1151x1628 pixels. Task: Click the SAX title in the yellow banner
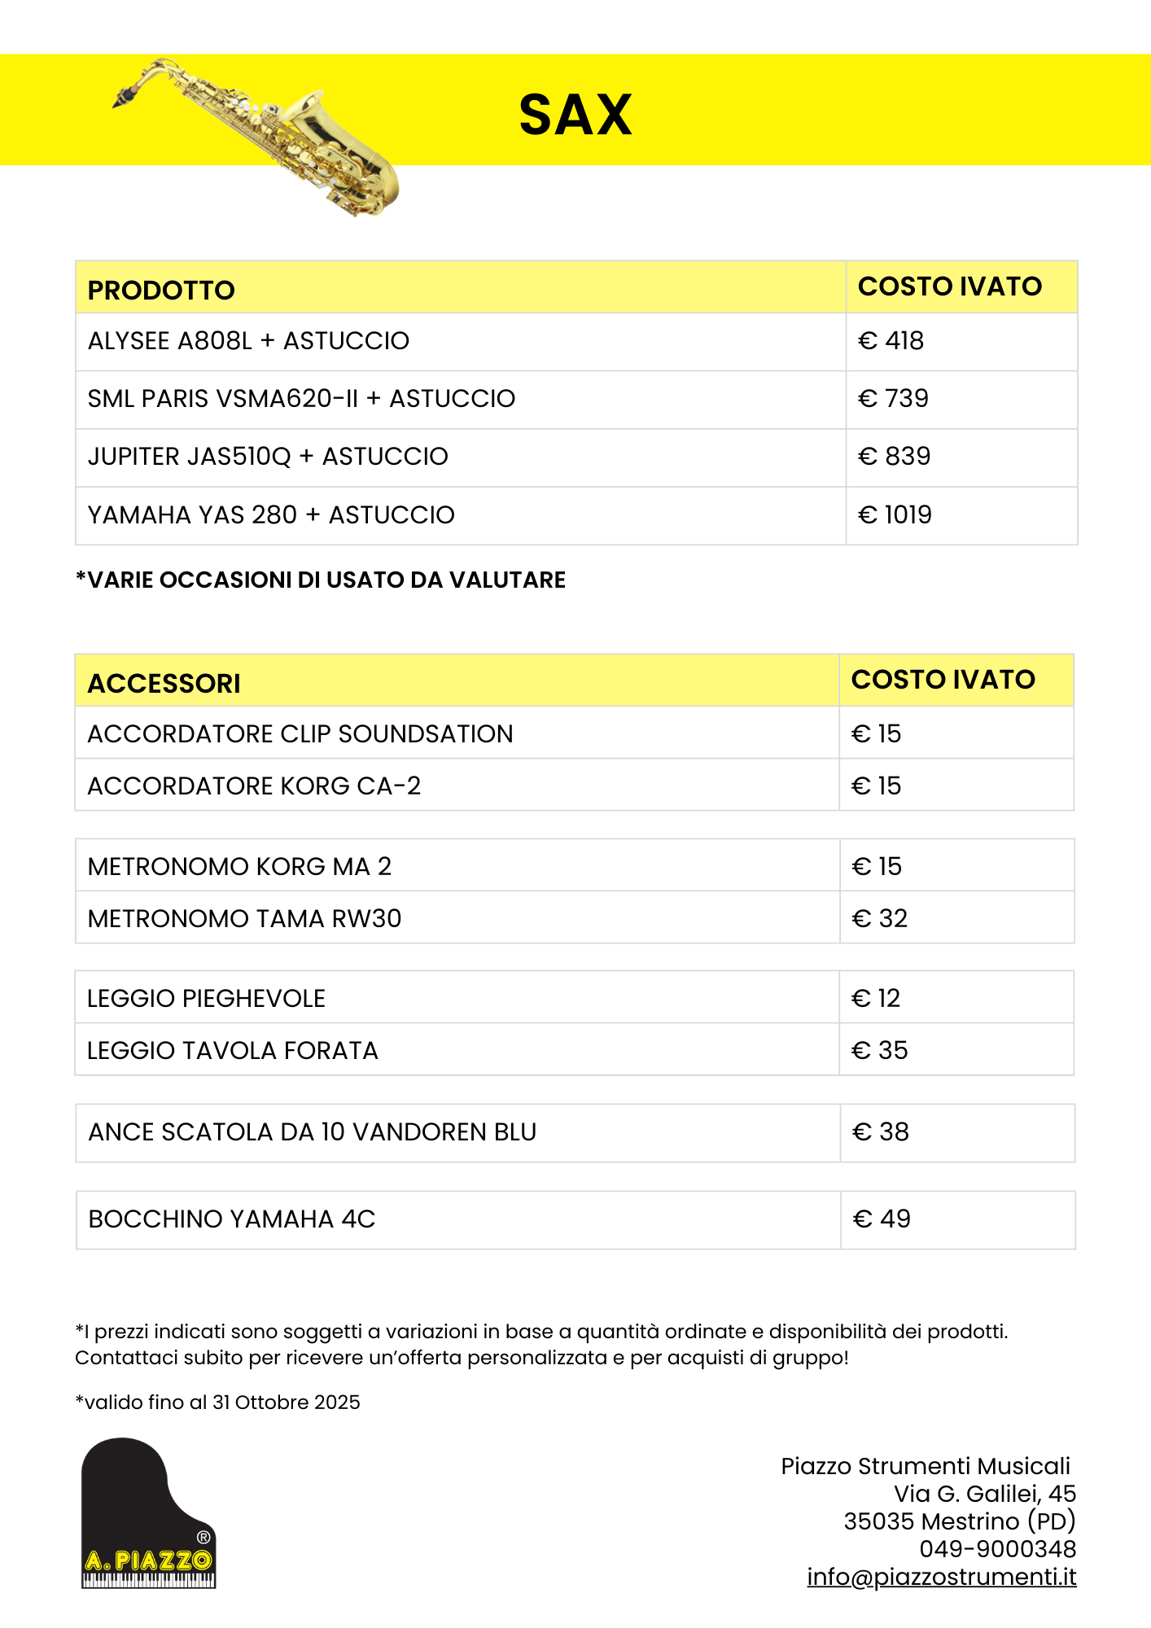coord(575,115)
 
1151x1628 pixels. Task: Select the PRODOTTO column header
coord(161,290)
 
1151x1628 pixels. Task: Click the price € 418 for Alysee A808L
coord(891,341)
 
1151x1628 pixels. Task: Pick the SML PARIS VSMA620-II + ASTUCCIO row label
coord(301,399)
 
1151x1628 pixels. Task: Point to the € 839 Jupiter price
coord(894,457)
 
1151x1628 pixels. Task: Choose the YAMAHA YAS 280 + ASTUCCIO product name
coord(271,515)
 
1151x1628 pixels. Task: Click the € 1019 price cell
coord(895,515)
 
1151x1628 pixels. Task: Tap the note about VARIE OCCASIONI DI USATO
coord(321,580)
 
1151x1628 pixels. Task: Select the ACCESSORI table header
coord(164,684)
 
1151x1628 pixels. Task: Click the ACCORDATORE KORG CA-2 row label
coord(254,786)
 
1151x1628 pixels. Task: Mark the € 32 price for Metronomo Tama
coord(879,919)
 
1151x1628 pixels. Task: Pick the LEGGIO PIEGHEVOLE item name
coord(206,999)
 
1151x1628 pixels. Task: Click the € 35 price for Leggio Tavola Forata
coord(879,1051)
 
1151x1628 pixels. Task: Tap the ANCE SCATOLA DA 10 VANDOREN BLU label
coord(312,1132)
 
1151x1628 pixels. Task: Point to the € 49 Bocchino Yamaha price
coord(882,1219)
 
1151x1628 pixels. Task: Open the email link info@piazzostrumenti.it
coord(941,1578)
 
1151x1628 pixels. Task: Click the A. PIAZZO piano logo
coord(148,1513)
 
